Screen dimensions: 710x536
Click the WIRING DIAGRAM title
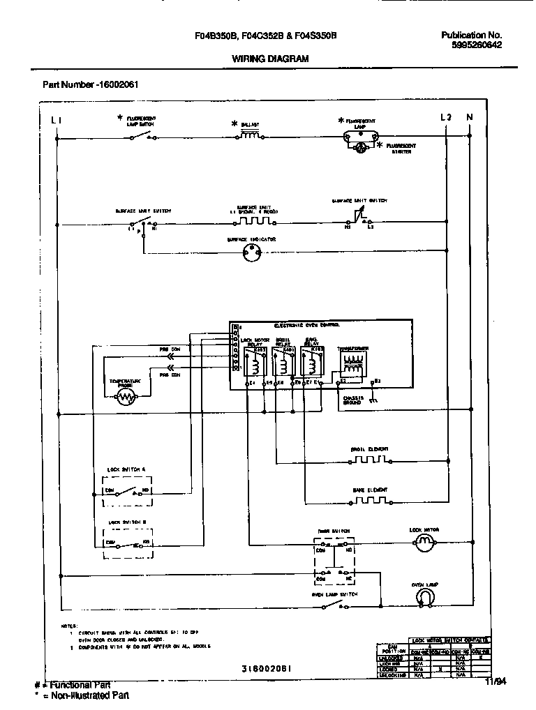[269, 59]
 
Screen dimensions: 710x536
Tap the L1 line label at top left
[58, 119]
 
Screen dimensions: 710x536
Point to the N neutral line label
[469, 118]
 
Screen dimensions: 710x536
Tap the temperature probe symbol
[126, 397]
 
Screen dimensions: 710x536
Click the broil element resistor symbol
[369, 460]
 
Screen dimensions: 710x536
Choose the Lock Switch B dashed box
[126, 541]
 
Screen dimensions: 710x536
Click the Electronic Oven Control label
[307, 326]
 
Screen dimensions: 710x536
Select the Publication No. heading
[472, 35]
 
